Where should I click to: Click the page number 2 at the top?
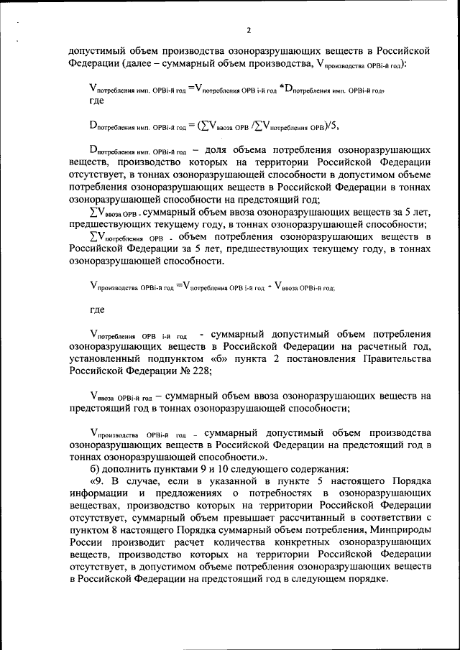(x=248, y=30)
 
